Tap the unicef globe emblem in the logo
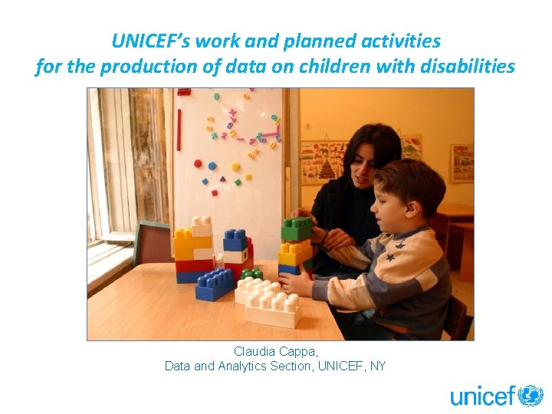click(x=531, y=396)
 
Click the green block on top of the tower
click(x=297, y=228)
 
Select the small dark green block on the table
click(x=251, y=274)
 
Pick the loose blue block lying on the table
click(x=215, y=284)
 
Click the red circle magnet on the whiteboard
click(x=199, y=163)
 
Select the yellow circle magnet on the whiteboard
click(x=235, y=166)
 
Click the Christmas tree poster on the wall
click(x=323, y=161)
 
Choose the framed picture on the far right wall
click(x=462, y=163)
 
